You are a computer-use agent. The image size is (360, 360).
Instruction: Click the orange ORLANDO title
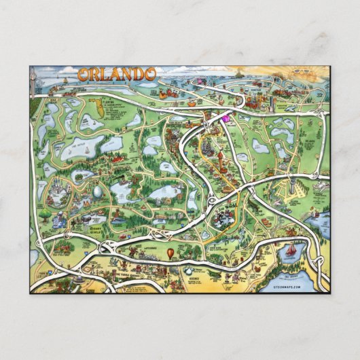(117, 73)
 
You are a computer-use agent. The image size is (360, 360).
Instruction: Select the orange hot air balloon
(170, 253)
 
